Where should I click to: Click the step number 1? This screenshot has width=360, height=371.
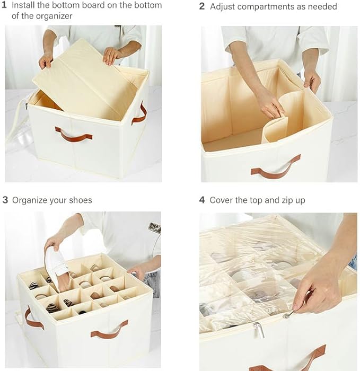4,5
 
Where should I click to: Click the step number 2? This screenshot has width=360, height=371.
201,6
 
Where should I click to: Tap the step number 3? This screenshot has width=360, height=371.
5,200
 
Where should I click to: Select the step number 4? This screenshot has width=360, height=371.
202,200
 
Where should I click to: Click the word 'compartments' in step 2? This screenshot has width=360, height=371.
265,7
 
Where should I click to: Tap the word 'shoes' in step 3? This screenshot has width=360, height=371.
80,200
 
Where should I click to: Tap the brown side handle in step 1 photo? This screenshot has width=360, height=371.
140,114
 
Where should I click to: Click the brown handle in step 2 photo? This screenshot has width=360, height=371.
276,167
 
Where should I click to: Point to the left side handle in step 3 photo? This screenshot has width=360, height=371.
32,318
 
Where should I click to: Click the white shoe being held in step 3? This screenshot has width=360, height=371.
56,267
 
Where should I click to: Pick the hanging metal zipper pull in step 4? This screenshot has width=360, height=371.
259,330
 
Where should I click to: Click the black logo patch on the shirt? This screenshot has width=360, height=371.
155,227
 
